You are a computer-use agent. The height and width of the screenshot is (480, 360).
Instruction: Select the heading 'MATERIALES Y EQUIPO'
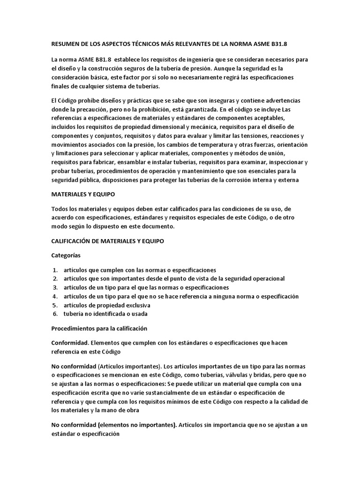pyautogui.click(x=82, y=193)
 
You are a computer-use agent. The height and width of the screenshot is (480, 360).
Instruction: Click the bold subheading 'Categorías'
pyautogui.click(x=66, y=255)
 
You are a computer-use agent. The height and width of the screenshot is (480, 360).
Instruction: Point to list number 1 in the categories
pyautogui.click(x=55, y=270)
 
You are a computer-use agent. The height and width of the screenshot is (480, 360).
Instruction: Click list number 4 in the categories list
pyautogui.click(x=55, y=296)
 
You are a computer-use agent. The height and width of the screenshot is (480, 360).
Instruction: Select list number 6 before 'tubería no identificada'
pyautogui.click(x=55, y=314)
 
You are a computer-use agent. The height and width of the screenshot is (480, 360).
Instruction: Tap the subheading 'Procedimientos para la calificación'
pyautogui.click(x=99, y=328)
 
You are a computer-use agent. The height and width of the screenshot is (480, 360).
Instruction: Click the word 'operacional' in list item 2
pyautogui.click(x=266, y=278)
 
